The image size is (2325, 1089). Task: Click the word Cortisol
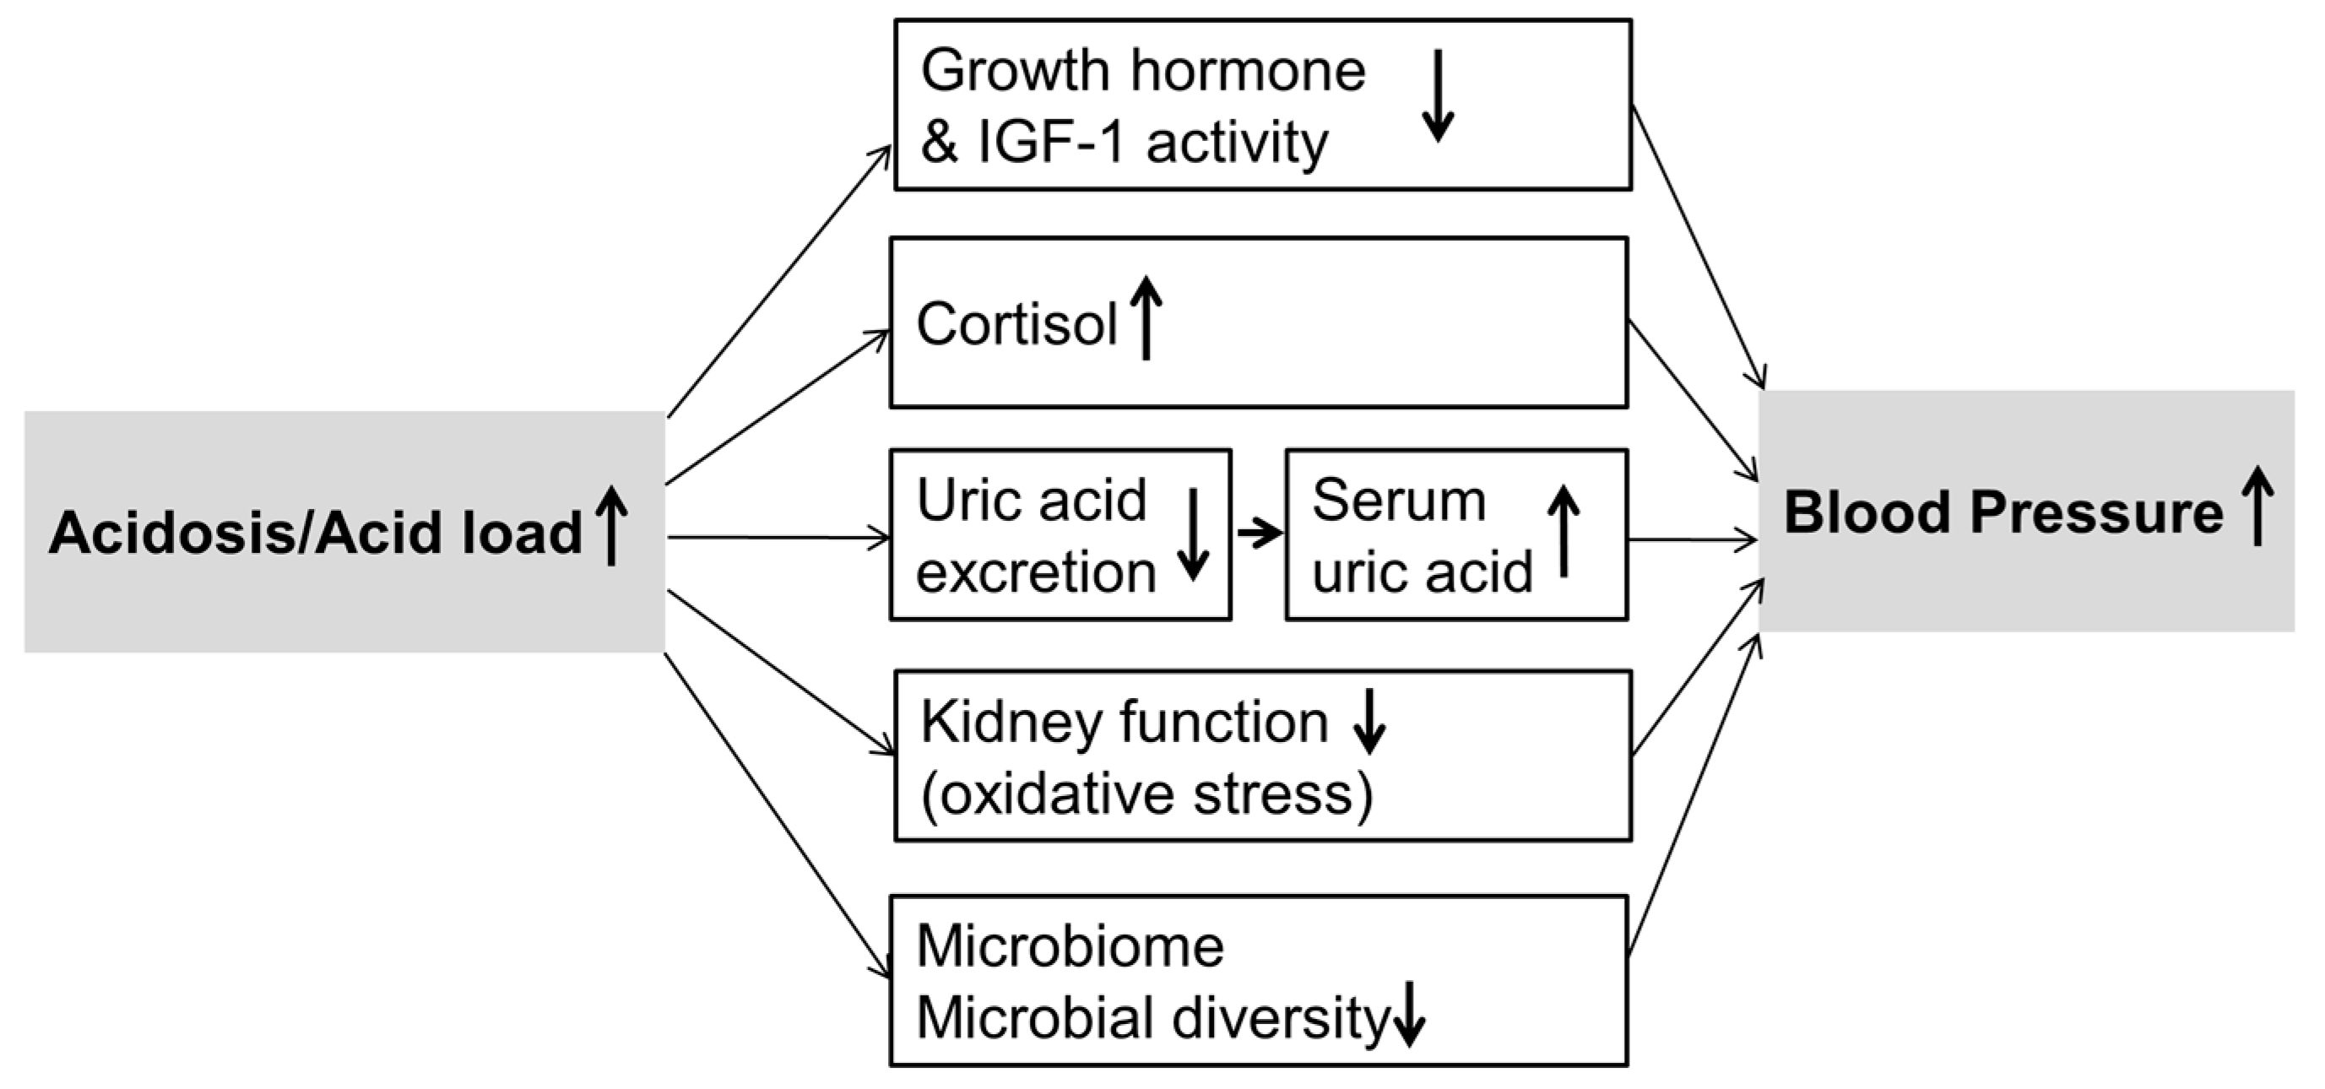tap(1016, 324)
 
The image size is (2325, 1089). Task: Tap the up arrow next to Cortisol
tap(1146, 317)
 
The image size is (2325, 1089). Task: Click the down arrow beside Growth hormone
tap(1438, 95)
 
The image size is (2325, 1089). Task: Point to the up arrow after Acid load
tap(612, 525)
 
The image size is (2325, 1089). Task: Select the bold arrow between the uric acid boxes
tap(1259, 533)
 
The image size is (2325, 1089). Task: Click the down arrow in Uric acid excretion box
tap(1193, 534)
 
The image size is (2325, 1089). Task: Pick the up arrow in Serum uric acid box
tap(1564, 533)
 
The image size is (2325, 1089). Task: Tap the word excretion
tap(1035, 572)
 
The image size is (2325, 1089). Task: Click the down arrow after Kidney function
tap(1369, 721)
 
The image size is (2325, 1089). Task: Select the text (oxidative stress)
tap(1146, 794)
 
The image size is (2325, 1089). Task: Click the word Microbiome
tap(1070, 946)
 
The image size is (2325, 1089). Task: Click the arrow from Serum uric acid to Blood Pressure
tap(1694, 540)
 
